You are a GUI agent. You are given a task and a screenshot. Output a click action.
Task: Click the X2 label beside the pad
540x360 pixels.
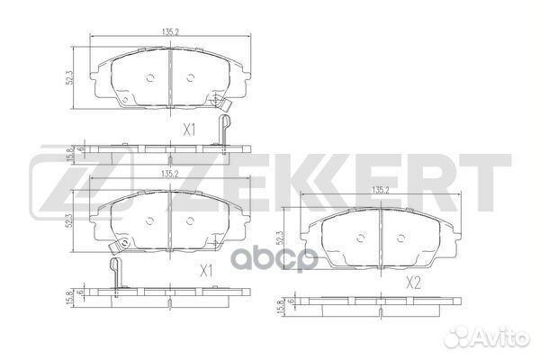pyautogui.click(x=413, y=283)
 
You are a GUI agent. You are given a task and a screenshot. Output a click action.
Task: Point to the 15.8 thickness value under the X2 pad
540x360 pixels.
pyautogui.click(x=282, y=309)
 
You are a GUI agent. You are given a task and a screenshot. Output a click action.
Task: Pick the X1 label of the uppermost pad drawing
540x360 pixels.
pyautogui.click(x=190, y=130)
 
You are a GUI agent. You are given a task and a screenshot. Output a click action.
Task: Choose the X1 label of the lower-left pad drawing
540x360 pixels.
pyautogui.click(x=205, y=269)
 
